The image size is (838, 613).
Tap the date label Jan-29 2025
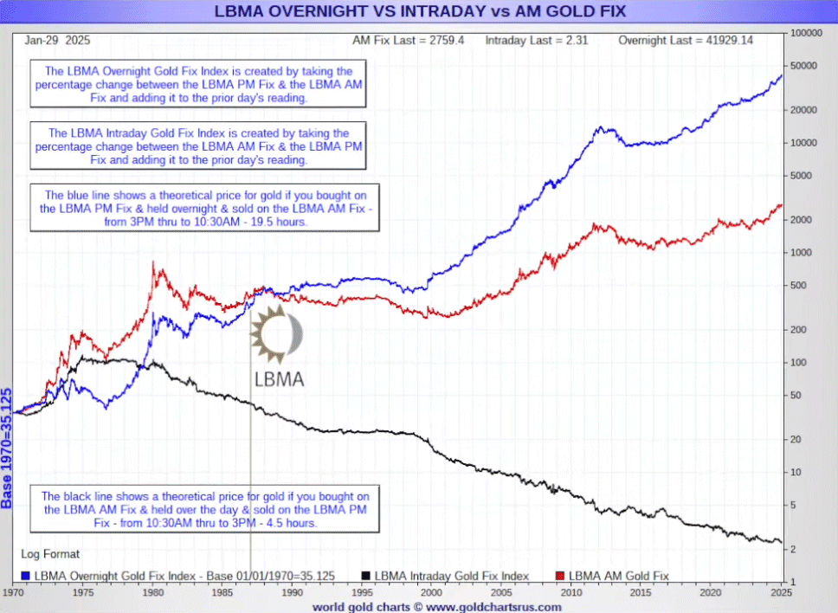(x=58, y=41)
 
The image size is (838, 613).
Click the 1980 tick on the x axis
(x=153, y=593)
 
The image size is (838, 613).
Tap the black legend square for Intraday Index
(x=366, y=576)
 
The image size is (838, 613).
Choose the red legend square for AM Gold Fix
(x=559, y=576)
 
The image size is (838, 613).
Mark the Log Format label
(x=50, y=554)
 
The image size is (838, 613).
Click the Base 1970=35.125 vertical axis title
(x=8, y=448)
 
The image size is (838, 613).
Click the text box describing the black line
(x=206, y=510)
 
